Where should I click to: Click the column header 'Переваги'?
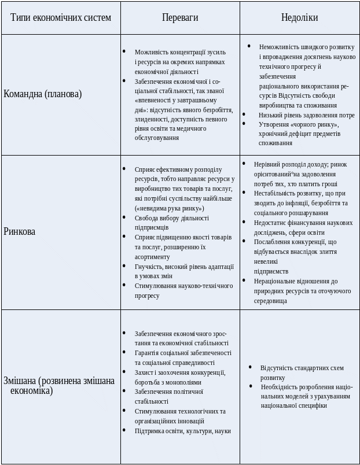click(180, 17)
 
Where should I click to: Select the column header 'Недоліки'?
click(299, 17)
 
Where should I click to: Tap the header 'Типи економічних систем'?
click(60, 17)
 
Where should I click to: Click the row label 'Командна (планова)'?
click(43, 94)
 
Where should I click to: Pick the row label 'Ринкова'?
click(20, 231)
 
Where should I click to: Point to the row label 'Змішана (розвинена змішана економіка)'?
click(58, 386)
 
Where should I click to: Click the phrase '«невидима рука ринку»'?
click(170, 208)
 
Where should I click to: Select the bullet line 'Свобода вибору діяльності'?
click(171, 218)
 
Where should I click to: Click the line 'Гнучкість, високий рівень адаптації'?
click(184, 266)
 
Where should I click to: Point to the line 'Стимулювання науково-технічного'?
click(183, 286)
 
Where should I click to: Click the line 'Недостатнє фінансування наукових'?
click(303, 222)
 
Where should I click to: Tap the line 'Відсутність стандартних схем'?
click(302, 368)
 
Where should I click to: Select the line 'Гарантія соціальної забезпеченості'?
click(183, 352)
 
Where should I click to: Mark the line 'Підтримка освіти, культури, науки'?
click(182, 430)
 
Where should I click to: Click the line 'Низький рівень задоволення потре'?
click(306, 115)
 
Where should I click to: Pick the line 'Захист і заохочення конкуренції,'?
click(180, 372)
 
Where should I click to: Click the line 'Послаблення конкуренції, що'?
click(295, 242)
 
